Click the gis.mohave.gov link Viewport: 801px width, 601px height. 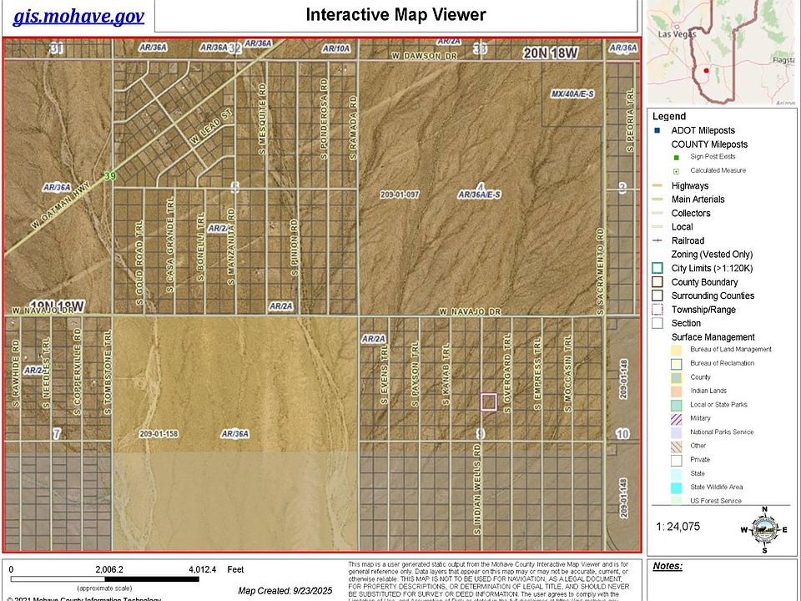pos(79,16)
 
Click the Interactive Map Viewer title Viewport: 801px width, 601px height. pos(395,15)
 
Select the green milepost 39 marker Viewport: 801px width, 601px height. pos(109,176)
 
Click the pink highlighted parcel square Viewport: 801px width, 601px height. pos(489,402)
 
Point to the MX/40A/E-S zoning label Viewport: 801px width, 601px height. pos(572,94)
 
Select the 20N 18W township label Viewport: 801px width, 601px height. pos(551,53)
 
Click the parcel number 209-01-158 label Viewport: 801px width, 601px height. pos(159,434)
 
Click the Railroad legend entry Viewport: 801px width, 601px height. pos(689,241)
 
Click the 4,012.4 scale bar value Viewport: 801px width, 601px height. pos(203,570)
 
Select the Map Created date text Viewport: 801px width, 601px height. pos(285,591)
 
